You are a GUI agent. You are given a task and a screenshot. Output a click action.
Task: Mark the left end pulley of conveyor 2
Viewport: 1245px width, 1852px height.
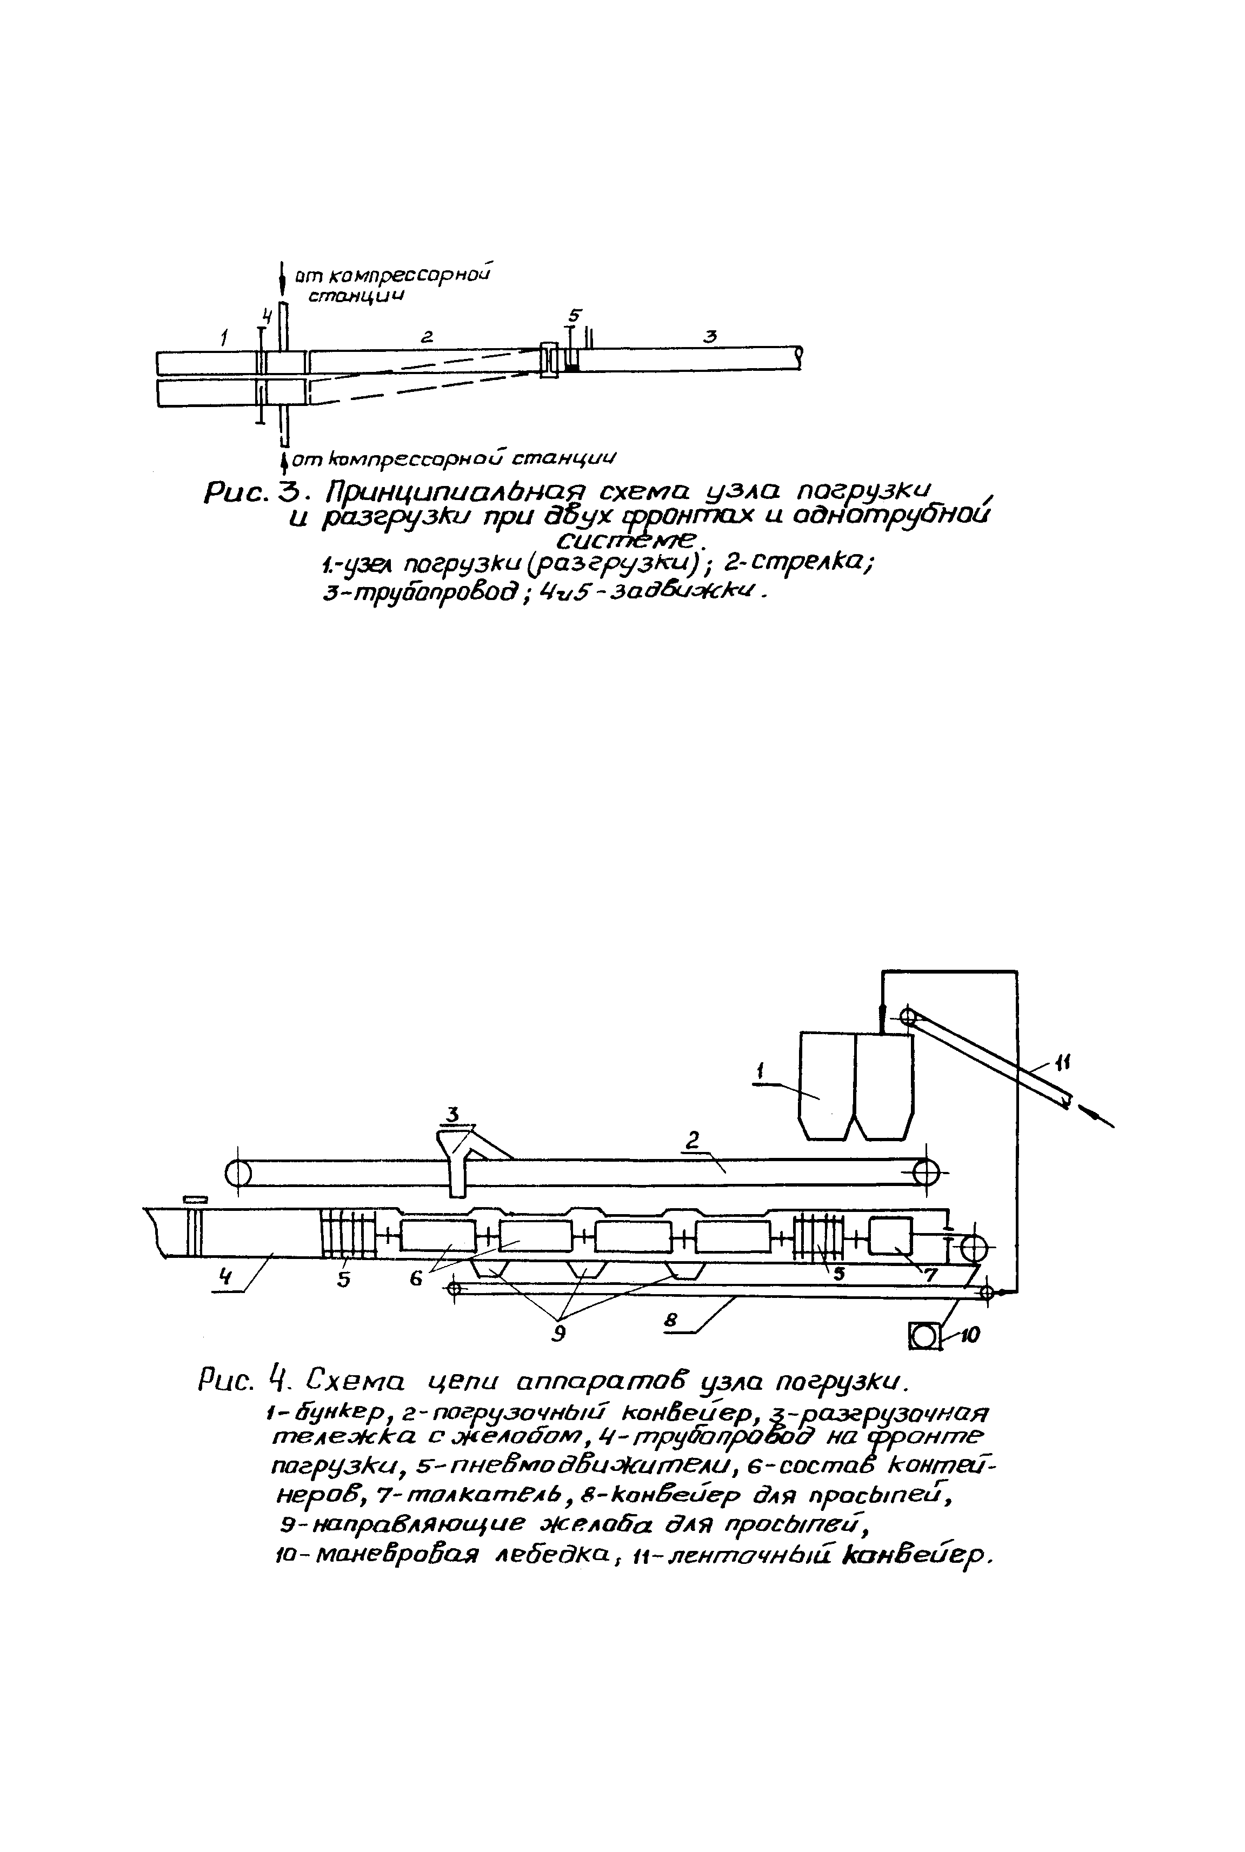[237, 1173]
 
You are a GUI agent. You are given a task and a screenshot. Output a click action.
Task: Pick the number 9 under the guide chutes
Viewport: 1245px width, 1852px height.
[560, 1333]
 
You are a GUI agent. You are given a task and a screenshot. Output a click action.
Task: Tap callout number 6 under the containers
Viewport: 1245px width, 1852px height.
[416, 1279]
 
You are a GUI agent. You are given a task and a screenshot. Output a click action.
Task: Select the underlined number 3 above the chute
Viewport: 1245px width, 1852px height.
[452, 1115]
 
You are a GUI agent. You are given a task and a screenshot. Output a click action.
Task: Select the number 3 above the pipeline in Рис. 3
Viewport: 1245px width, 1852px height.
[710, 337]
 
